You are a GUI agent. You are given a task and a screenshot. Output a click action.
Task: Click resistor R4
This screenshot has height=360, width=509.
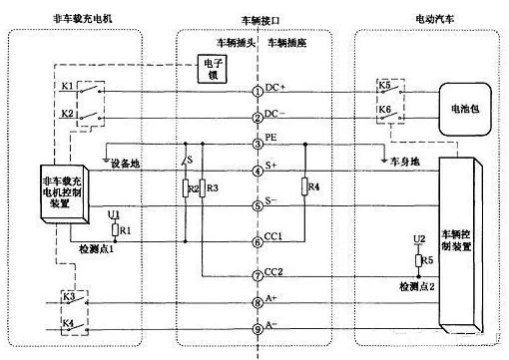point(304,187)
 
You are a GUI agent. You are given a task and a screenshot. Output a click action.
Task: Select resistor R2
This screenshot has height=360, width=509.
point(185,187)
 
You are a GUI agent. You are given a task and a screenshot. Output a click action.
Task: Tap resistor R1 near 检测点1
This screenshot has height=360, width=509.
point(118,229)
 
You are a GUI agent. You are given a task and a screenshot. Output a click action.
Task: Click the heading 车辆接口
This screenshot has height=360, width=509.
point(260,19)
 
